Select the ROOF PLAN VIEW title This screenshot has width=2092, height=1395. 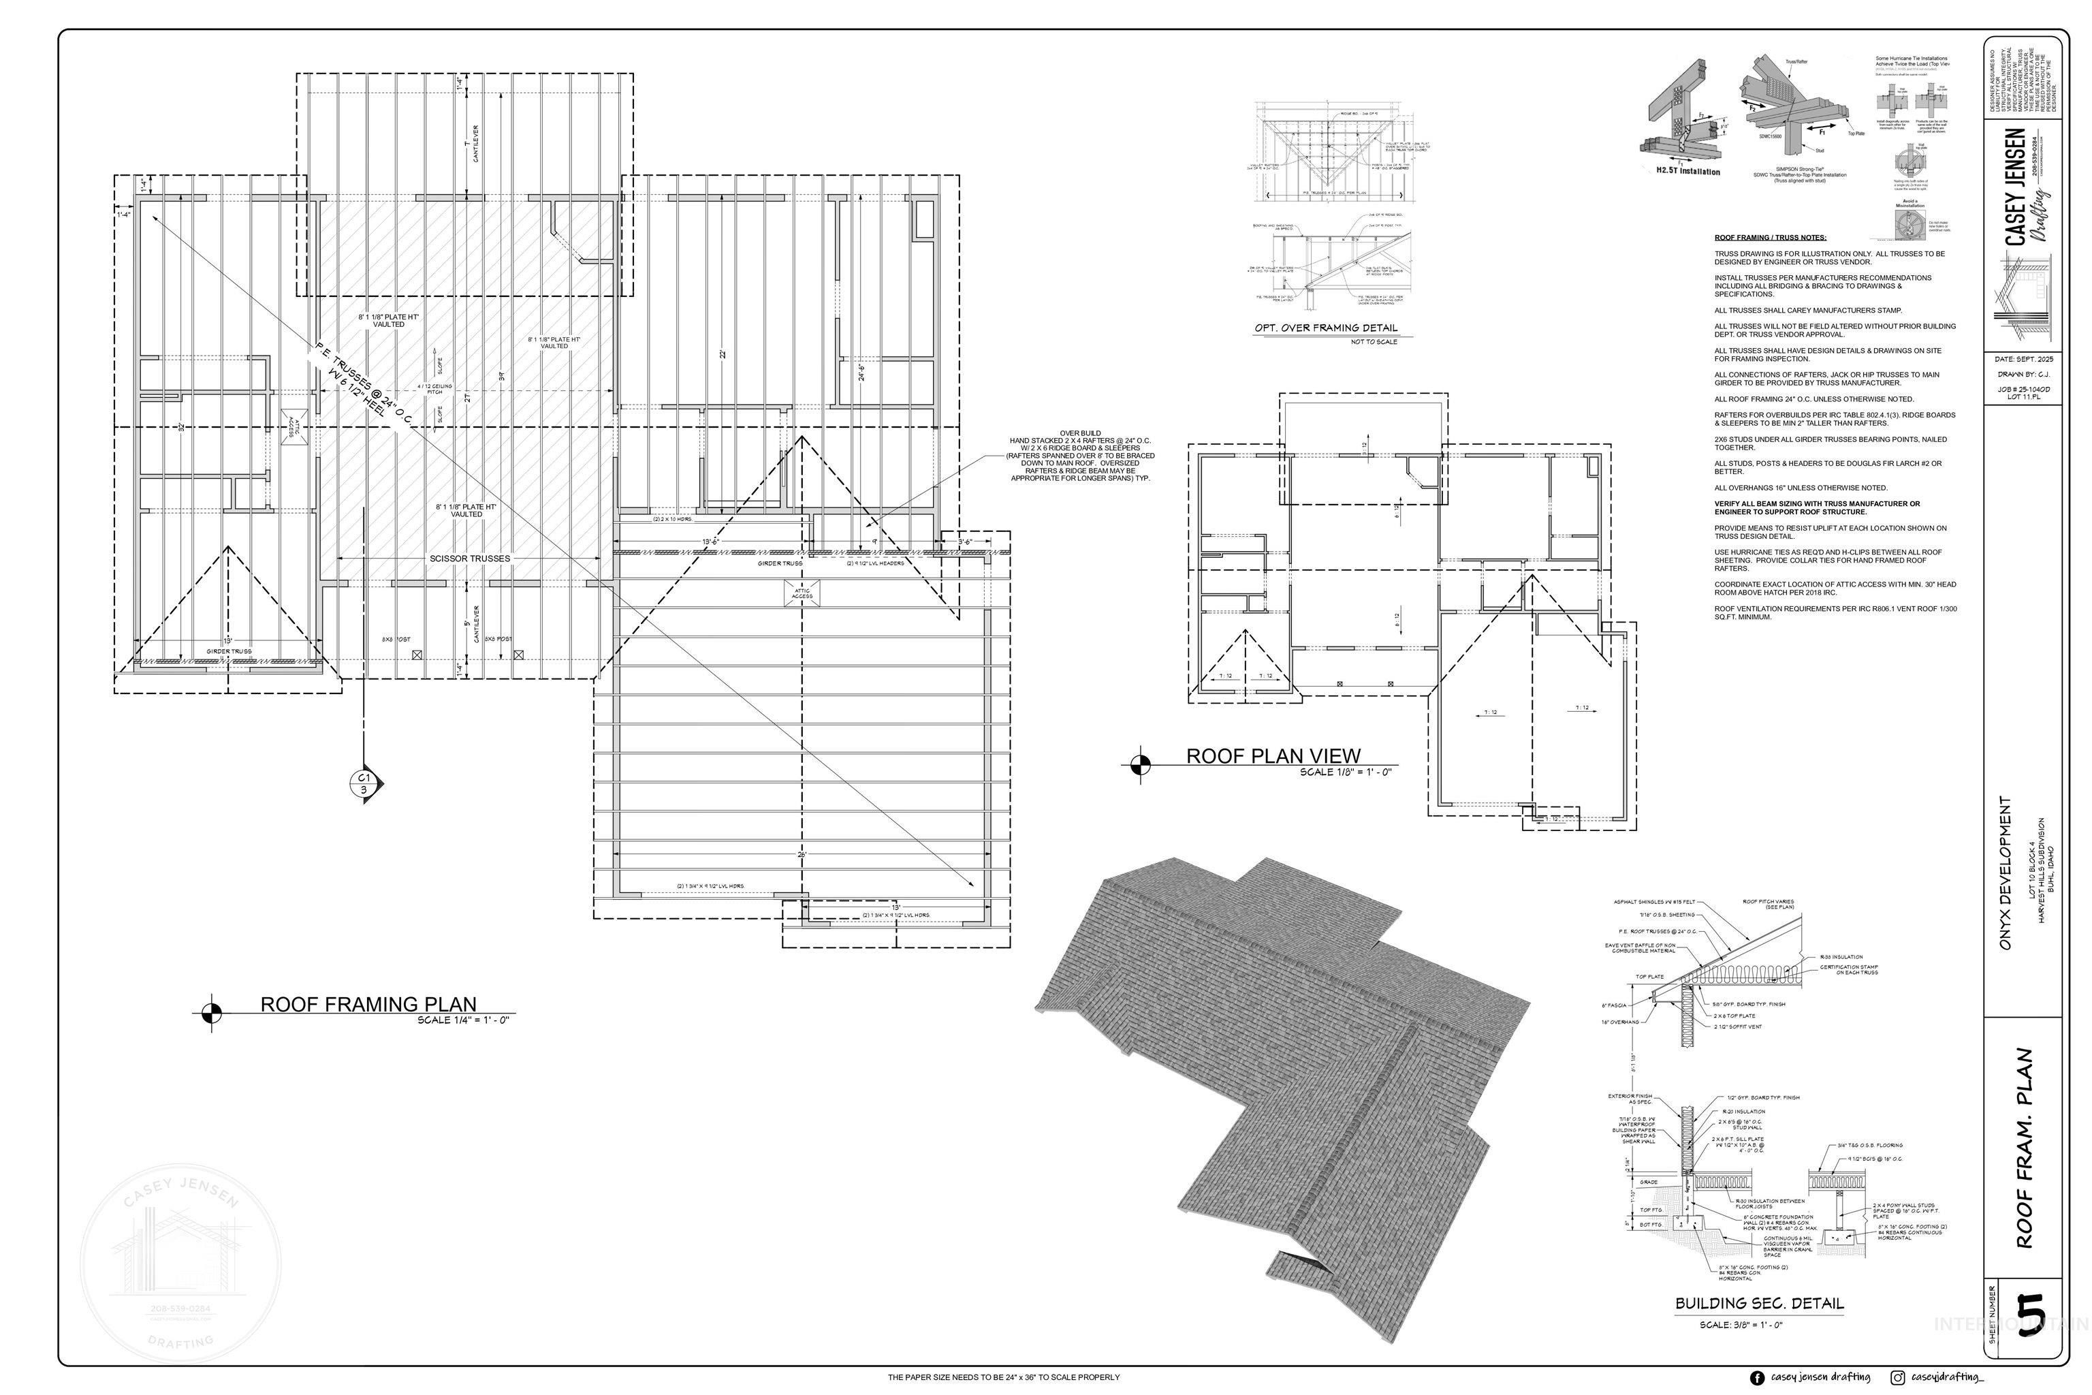(1273, 756)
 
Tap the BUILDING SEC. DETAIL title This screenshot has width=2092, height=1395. (1760, 1303)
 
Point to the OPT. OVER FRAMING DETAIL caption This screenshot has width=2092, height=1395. (1325, 328)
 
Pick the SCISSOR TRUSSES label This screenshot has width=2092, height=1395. (470, 559)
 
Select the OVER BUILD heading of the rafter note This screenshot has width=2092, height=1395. (1080, 433)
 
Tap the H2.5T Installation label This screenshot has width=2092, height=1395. (1687, 172)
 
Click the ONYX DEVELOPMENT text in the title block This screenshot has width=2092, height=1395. (2005, 873)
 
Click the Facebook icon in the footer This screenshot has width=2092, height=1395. (1757, 1378)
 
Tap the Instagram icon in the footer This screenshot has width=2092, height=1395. (1897, 1378)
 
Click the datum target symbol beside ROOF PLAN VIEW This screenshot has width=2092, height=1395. (1140, 764)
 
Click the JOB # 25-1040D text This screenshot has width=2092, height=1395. (2023, 389)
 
